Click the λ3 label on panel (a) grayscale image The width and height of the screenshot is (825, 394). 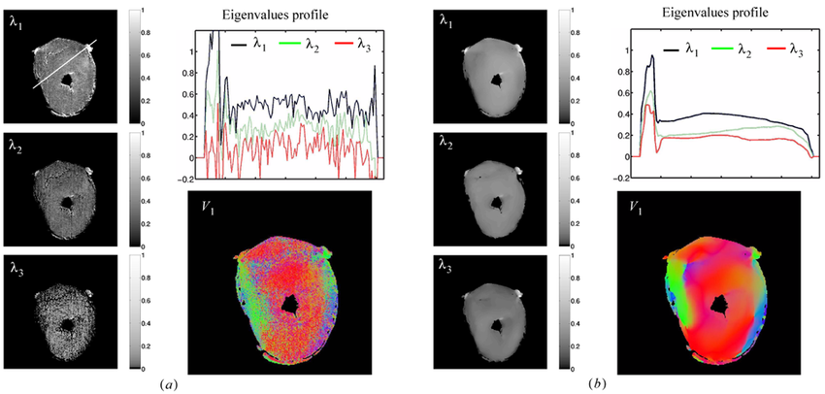(18, 265)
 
